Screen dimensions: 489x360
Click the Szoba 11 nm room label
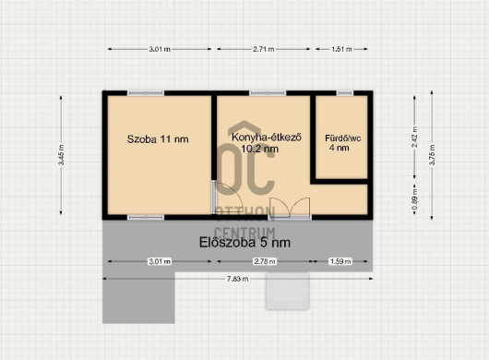[158, 139]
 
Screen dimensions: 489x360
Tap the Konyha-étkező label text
[267, 138]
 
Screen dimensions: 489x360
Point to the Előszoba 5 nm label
[244, 243]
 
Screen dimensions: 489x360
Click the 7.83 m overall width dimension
[238, 279]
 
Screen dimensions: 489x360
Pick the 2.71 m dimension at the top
[264, 49]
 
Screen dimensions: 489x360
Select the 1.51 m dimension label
[341, 49]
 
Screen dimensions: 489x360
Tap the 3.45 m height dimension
[61, 155]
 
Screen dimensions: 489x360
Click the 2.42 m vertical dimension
[414, 138]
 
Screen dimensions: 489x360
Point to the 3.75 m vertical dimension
[432, 155]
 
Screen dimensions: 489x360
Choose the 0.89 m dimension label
[414, 199]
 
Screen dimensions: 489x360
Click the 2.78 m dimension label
[265, 261]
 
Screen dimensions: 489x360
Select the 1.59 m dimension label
[340, 261]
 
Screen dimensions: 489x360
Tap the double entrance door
[290, 209]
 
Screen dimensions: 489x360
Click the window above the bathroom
[345, 93]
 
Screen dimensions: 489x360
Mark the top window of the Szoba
[146, 93]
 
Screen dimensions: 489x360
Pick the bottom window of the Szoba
[146, 218]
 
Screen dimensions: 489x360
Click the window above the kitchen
[268, 93]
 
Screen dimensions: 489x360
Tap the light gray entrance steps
[288, 291]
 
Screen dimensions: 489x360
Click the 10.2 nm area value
[260, 149]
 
